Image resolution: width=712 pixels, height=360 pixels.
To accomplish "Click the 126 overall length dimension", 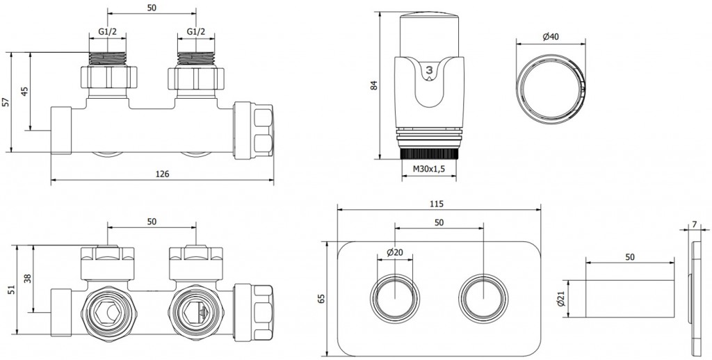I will coord(163,174).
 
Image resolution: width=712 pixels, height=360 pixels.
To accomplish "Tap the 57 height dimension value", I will coord(6,101).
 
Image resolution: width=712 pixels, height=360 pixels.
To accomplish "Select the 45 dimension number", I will coord(25,91).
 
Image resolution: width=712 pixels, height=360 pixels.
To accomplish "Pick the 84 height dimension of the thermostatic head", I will coord(374,85).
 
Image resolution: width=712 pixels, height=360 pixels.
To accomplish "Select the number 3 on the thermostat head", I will coord(430,70).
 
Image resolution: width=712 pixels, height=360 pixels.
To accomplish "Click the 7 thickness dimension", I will coord(696,224).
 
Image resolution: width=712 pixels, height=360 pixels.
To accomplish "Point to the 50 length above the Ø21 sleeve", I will coord(629,257).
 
